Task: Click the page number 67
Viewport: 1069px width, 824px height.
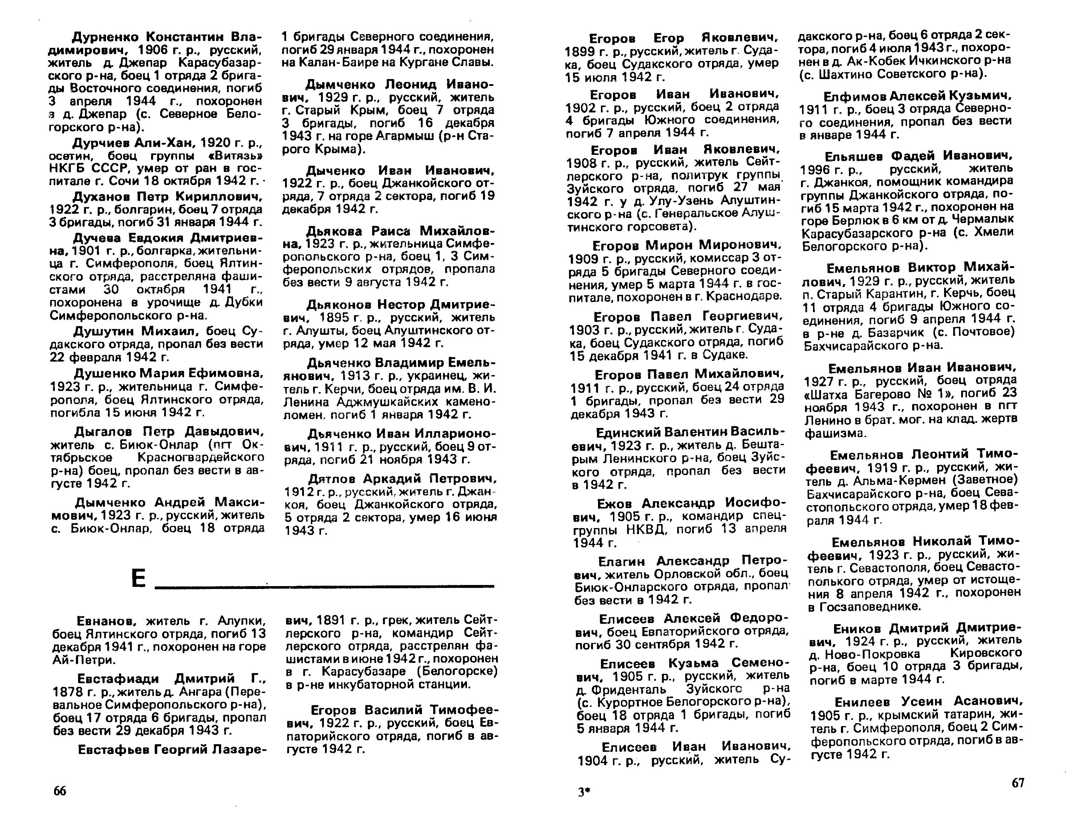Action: [x=1017, y=783]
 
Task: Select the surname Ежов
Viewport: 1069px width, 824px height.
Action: [x=615, y=503]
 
